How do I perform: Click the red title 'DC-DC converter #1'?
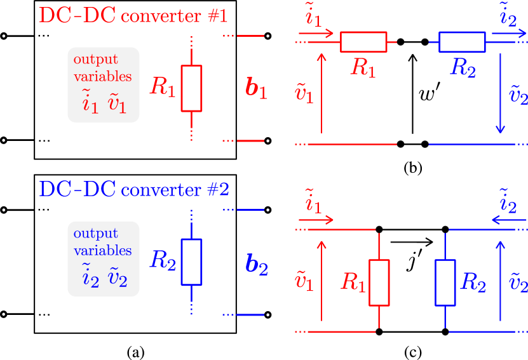click(x=133, y=15)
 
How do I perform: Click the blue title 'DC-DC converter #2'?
click(x=133, y=189)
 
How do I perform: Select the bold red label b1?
click(x=256, y=89)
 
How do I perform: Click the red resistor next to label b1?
click(x=191, y=88)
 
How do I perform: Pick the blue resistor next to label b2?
click(x=191, y=262)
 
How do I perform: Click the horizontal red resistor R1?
click(x=363, y=42)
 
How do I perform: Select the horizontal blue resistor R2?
click(x=462, y=42)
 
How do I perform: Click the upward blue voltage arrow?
click(x=500, y=279)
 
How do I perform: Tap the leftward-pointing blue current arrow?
click(x=508, y=220)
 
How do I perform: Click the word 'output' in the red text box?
click(x=95, y=60)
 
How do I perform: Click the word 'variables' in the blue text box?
click(x=102, y=250)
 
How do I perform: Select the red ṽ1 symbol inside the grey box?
click(x=118, y=103)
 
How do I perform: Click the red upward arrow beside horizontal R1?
click(x=322, y=93)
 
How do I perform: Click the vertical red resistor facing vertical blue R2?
click(x=379, y=283)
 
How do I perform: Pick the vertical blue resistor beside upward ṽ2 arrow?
click(x=445, y=283)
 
